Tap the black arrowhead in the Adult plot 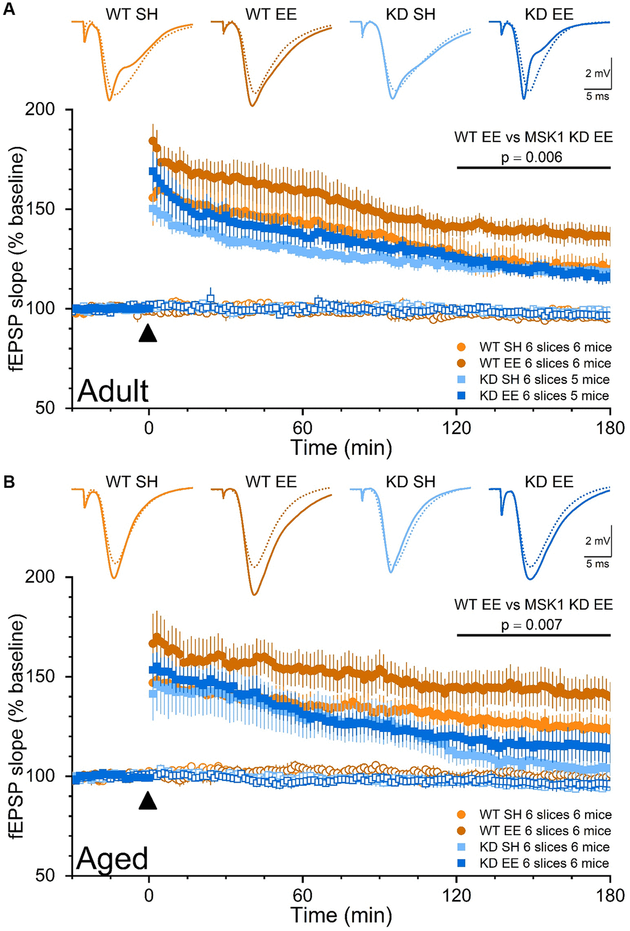pos(148,333)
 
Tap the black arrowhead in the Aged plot pos(148,801)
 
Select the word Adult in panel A pos(113,391)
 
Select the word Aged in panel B pos(112,859)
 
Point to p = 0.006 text pos(531,157)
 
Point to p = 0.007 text pos(531,624)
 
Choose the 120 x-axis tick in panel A pos(456,428)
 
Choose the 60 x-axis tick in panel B pos(302,895)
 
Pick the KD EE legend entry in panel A pos(544,396)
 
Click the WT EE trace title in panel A pos(271,14)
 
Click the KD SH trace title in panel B pos(410,482)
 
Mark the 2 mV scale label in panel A pos(597,74)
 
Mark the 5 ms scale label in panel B pos(597,564)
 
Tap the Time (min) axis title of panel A pos(341,448)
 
